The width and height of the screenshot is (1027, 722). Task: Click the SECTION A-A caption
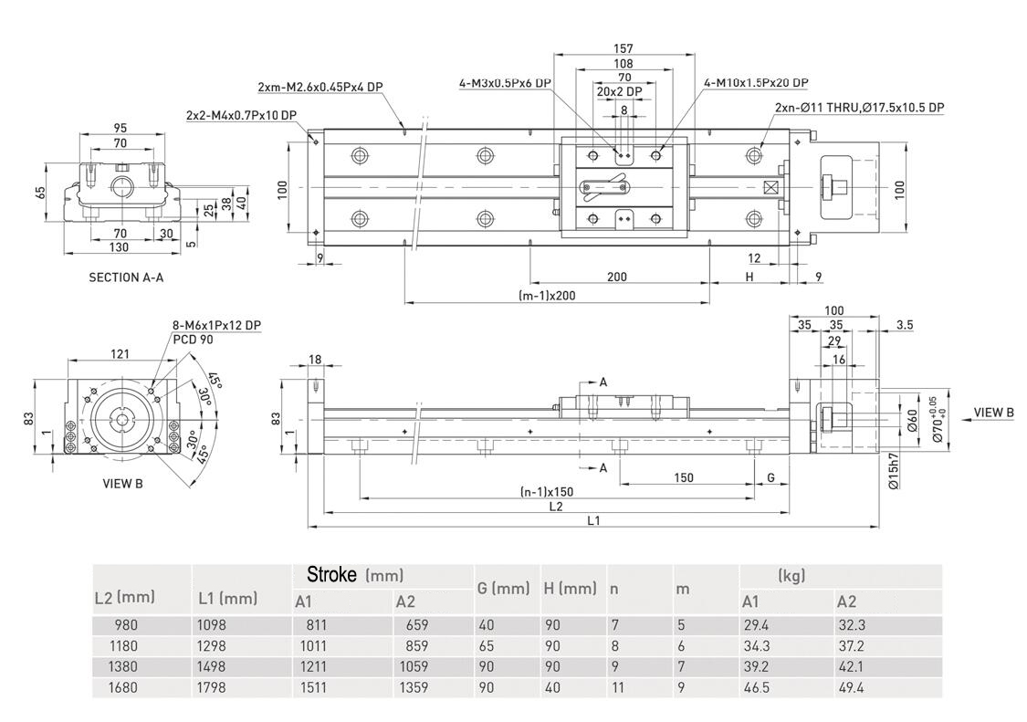pos(126,277)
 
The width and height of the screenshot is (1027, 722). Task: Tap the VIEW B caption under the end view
pos(122,484)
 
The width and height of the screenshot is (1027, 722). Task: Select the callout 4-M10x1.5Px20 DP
pos(756,82)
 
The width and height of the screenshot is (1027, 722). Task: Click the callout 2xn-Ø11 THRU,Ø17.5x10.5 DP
pos(859,108)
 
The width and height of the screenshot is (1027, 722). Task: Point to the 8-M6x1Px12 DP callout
pos(216,325)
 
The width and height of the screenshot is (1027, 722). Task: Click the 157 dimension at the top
pos(624,48)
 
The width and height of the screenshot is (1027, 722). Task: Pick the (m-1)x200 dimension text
pos(547,295)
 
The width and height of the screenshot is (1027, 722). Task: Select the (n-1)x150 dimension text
pos(547,492)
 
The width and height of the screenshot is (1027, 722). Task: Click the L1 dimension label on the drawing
pos(593,520)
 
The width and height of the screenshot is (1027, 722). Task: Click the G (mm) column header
pos(503,589)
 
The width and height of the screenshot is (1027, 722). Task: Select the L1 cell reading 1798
pos(212,687)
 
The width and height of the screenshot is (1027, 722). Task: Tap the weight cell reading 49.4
pos(852,687)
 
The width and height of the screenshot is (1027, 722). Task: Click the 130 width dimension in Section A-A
pos(120,247)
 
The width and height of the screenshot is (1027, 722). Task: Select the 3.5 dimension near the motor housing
pos(905,325)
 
